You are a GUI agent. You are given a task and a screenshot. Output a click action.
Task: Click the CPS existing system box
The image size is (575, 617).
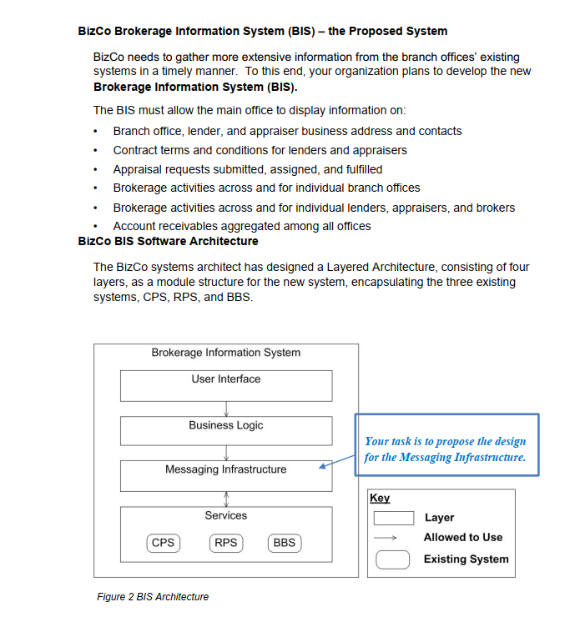pyautogui.click(x=164, y=543)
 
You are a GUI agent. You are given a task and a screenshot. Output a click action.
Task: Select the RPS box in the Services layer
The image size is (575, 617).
pyautogui.click(x=225, y=543)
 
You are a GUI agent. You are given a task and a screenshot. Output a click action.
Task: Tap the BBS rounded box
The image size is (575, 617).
pyautogui.click(x=284, y=543)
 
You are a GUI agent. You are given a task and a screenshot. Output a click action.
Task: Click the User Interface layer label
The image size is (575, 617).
pyautogui.click(x=225, y=379)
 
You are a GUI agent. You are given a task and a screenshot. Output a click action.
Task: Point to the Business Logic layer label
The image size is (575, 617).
pyautogui.click(x=225, y=425)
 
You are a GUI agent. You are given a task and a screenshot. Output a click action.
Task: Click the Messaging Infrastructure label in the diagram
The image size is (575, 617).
pyautogui.click(x=225, y=469)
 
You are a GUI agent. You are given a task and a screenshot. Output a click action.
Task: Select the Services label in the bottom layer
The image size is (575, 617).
pyautogui.click(x=225, y=515)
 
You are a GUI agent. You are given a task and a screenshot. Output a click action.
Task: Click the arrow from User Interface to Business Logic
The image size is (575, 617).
pyautogui.click(x=226, y=409)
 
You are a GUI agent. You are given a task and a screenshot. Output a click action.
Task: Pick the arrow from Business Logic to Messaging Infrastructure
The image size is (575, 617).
pyautogui.click(x=226, y=454)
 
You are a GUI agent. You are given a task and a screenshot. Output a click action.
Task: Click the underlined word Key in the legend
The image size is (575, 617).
pyautogui.click(x=380, y=498)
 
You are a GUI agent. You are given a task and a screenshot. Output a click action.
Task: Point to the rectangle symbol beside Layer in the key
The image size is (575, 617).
pyautogui.click(x=392, y=518)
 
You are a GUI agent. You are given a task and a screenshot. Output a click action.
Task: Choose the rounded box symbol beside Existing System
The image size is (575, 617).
pyautogui.click(x=392, y=559)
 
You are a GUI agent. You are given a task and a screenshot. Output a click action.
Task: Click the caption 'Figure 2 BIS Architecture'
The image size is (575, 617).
pyautogui.click(x=153, y=596)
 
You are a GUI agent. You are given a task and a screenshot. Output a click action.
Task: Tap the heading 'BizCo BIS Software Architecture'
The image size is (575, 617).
pyautogui.click(x=168, y=241)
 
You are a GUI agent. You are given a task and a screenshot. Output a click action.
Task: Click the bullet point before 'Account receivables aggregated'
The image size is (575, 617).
pyautogui.click(x=98, y=227)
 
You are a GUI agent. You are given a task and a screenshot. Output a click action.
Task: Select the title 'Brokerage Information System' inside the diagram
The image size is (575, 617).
pyautogui.click(x=225, y=353)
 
